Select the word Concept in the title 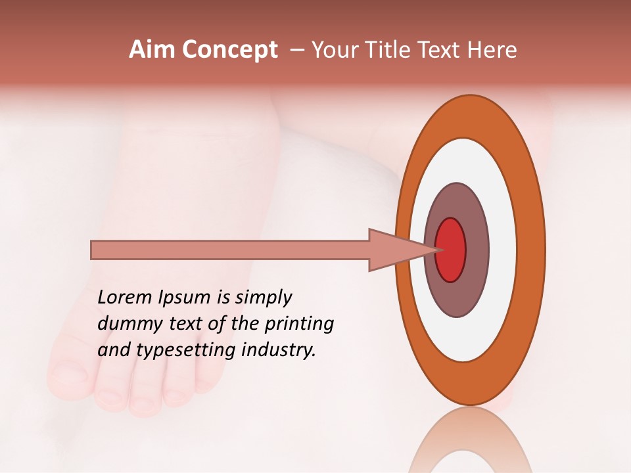pos(229,51)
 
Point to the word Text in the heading pos(441,50)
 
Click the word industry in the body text pos(279,350)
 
